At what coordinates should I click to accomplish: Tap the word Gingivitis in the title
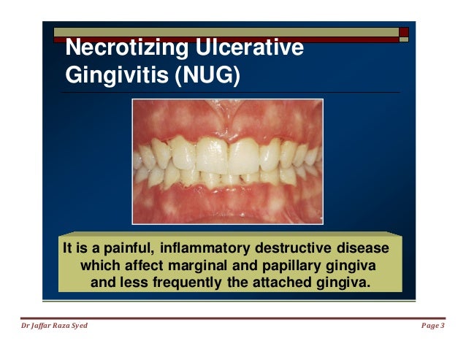115,76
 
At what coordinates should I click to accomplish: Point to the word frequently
181,282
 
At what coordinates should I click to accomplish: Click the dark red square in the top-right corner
404,31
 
